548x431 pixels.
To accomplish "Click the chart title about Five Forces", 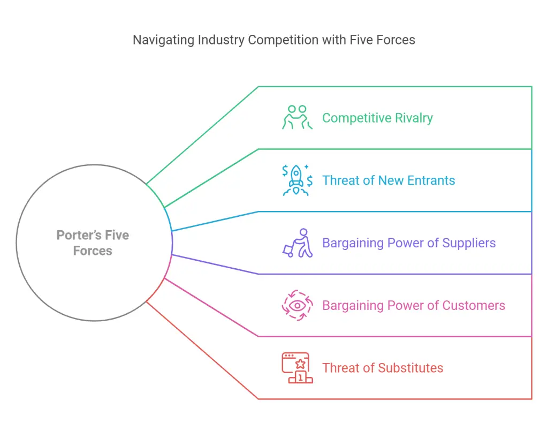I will [273, 40].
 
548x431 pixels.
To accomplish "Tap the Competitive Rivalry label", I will [377, 118].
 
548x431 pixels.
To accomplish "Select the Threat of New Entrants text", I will [389, 180].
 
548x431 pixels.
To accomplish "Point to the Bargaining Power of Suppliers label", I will [409, 243].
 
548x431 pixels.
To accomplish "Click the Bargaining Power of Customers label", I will [414, 306].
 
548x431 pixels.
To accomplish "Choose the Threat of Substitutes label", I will [383, 368].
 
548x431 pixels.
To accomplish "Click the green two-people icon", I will [297, 117].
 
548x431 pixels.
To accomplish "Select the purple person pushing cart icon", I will [298, 243].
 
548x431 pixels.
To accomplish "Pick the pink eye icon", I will [298, 305].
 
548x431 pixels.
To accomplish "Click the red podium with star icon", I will [297, 368].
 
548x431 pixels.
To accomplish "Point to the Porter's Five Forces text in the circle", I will [93, 243].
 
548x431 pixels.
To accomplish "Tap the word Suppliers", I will [468, 243].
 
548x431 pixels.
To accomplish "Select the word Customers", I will [474, 306].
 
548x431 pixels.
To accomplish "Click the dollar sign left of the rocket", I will [285, 170].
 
